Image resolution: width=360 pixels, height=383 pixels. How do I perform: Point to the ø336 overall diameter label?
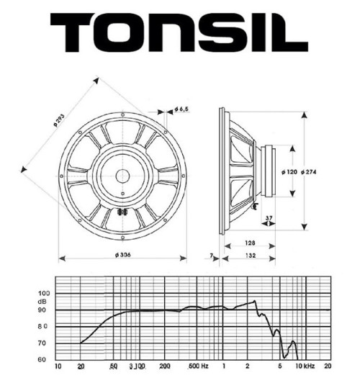(x=122, y=256)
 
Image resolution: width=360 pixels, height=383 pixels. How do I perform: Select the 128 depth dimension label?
(x=248, y=244)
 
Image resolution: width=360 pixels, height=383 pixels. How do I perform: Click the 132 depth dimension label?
(x=248, y=256)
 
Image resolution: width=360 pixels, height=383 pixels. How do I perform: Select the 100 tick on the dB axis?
(x=45, y=294)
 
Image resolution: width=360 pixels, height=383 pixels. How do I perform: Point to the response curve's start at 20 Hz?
(x=81, y=343)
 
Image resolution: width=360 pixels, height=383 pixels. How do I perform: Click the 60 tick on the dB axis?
(x=43, y=359)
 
